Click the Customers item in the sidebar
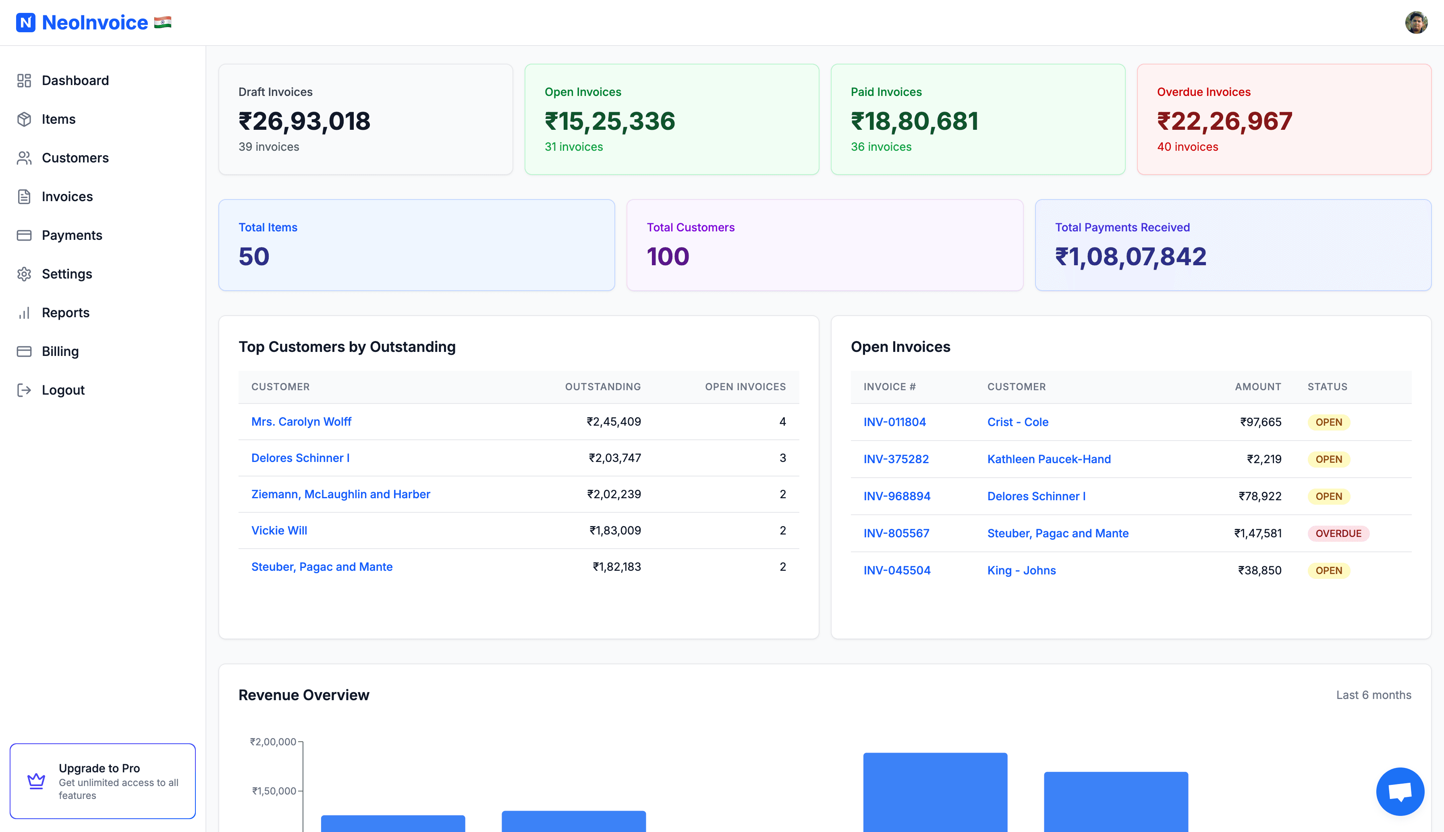pos(75,158)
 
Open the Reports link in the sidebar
pos(65,312)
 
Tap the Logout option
pos(63,390)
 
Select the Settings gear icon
pos(24,274)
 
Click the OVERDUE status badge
pos(1338,534)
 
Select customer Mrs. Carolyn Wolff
pos(301,422)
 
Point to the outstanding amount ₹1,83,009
pos(615,531)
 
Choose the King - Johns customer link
pos(1021,571)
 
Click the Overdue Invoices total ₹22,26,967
pos(1224,121)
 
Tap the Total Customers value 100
pos(668,256)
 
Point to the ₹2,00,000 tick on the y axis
pos(273,742)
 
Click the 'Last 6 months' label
pos(1373,695)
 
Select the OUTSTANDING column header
pos(602,387)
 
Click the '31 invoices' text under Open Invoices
pos(573,147)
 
